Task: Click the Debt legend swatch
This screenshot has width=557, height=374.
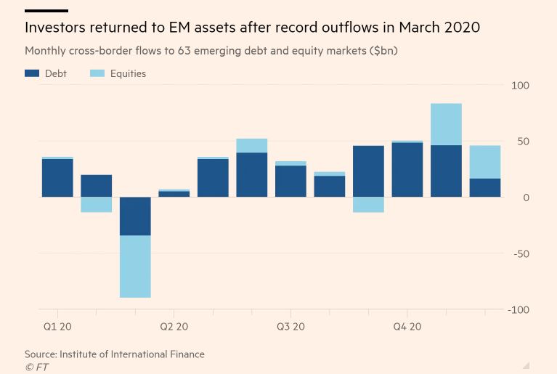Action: pos(32,73)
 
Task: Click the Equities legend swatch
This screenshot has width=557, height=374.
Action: pos(97,73)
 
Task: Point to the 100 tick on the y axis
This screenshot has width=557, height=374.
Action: pos(520,86)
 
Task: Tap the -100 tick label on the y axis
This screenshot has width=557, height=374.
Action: pos(519,310)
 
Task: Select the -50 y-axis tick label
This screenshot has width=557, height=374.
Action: pos(521,254)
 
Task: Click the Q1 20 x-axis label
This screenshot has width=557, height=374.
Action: pos(57,327)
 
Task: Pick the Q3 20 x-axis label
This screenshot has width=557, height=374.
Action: pos(290,327)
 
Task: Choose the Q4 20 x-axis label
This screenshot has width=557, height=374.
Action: pos(407,327)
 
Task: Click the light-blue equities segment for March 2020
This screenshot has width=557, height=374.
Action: pos(135,266)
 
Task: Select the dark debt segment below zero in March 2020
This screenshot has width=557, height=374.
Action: pos(135,216)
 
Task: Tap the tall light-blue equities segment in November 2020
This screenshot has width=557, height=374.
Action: pos(446,124)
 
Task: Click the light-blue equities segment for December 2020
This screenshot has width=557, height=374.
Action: pos(485,162)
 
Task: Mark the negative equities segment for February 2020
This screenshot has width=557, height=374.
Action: pos(96,205)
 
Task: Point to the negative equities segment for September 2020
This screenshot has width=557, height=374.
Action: pos(368,205)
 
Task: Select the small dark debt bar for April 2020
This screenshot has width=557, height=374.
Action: pos(174,194)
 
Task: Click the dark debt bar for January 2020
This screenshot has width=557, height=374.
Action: pos(57,178)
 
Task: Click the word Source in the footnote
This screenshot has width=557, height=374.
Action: pos(41,354)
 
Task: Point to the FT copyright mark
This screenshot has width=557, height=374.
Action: pos(37,367)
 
